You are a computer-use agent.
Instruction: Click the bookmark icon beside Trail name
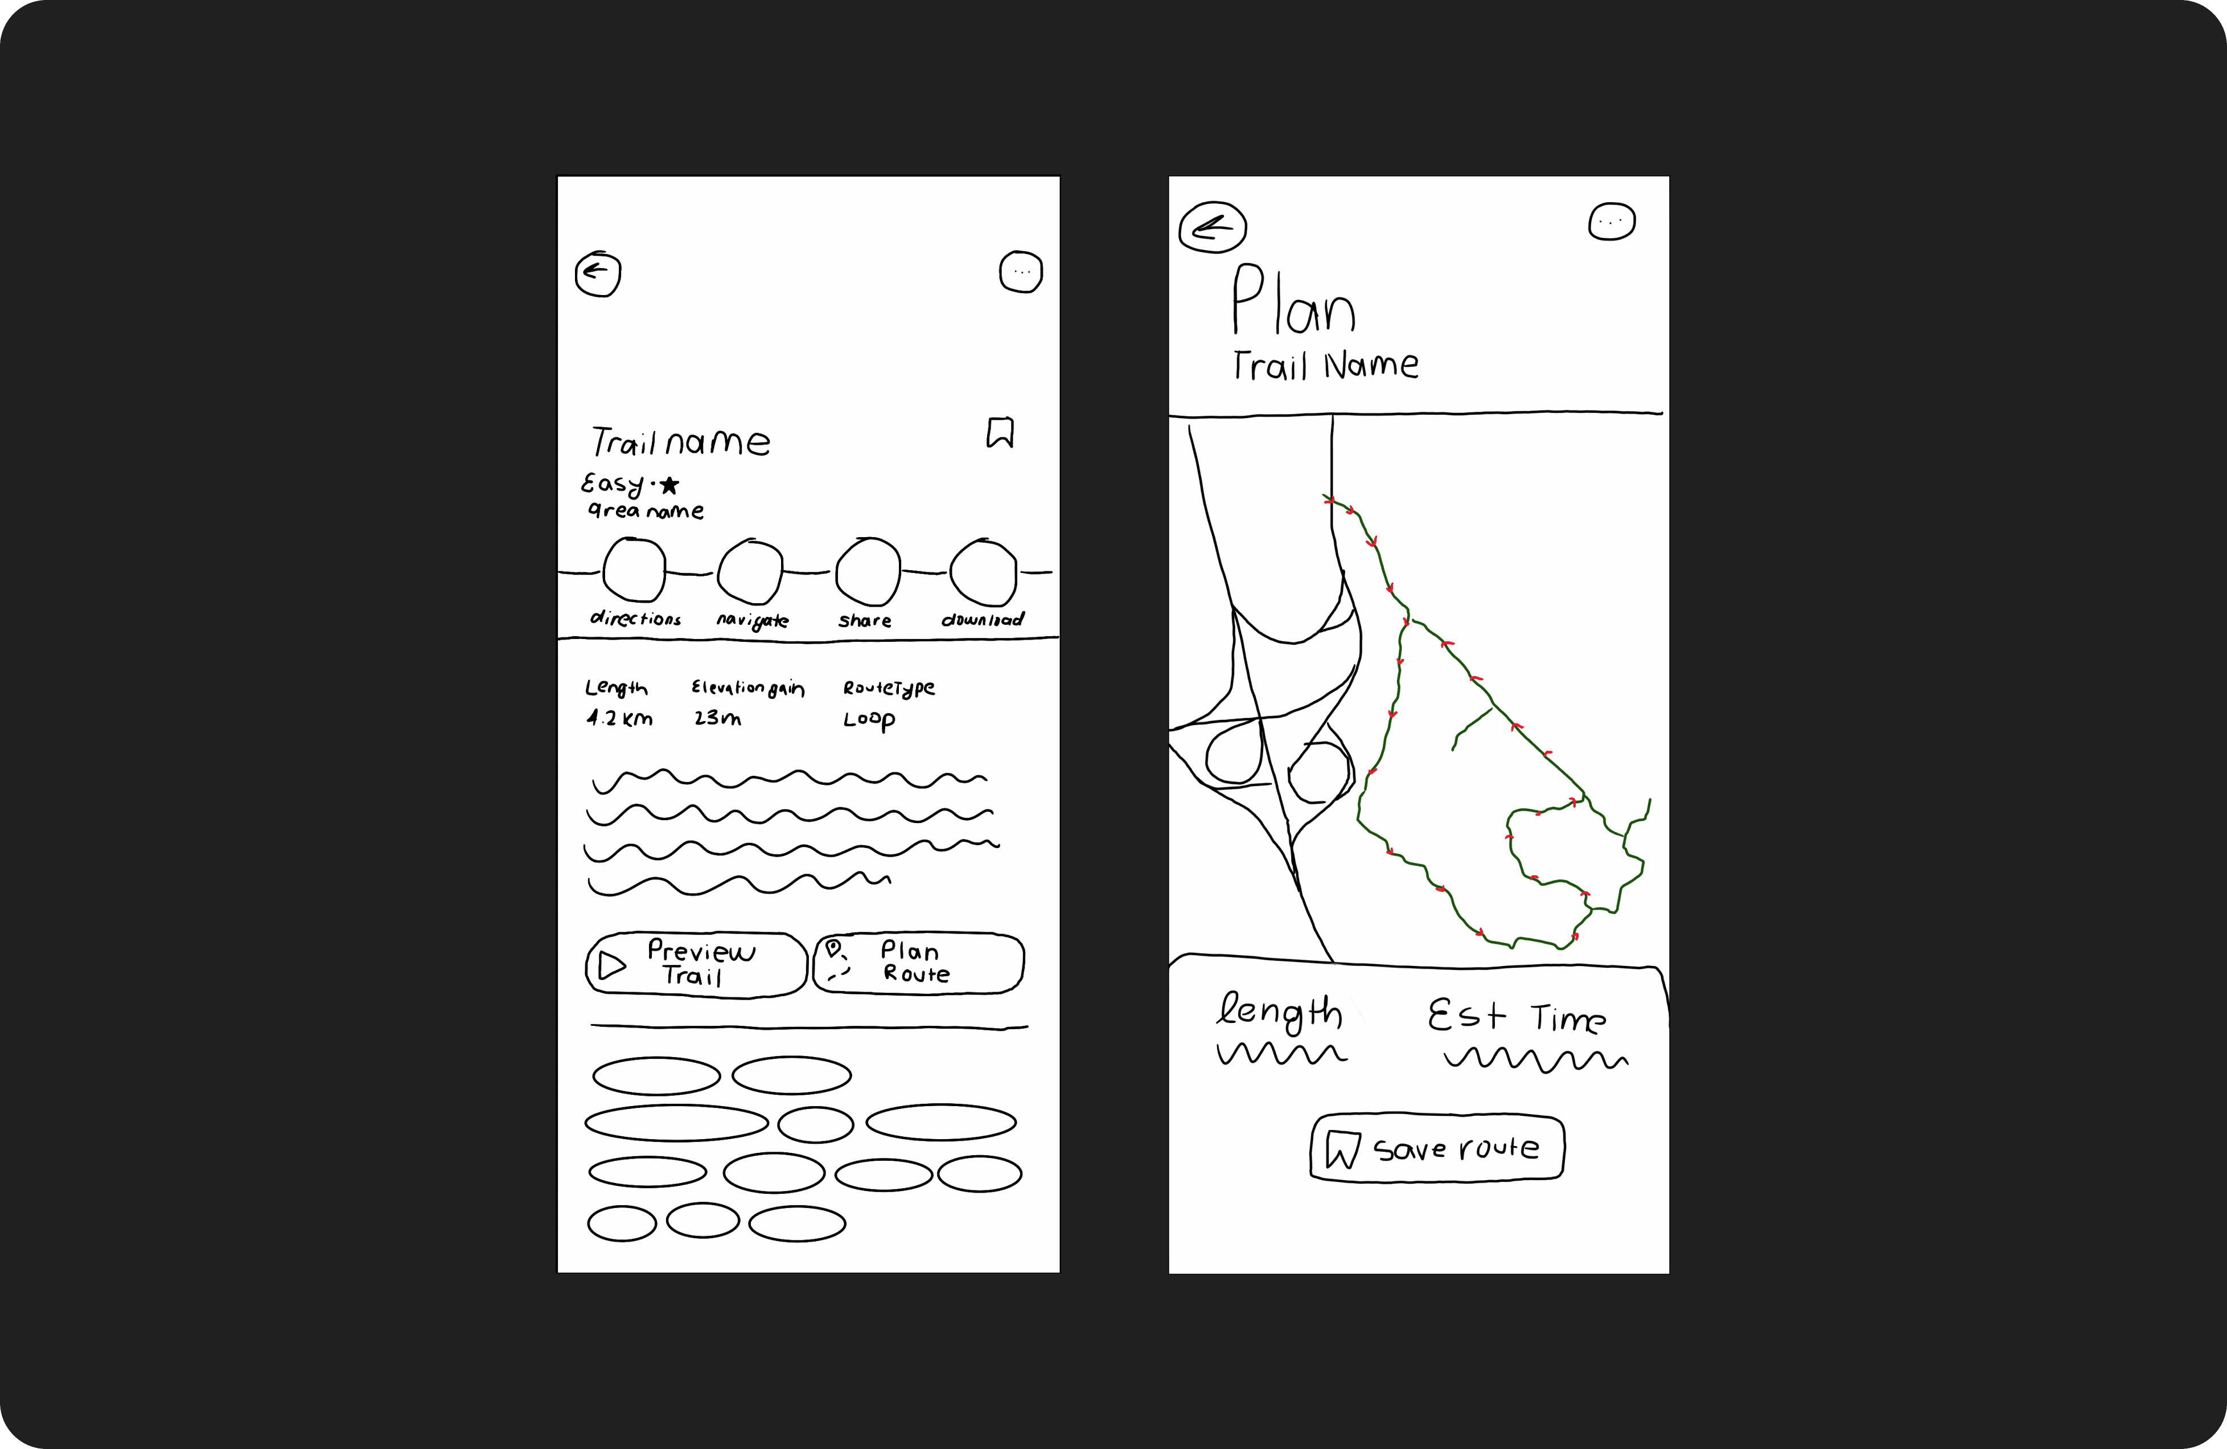coord(1000,432)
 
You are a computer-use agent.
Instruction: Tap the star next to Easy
coord(669,485)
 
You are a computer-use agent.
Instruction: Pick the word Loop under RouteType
coord(869,720)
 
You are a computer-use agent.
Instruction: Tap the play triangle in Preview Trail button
coord(612,965)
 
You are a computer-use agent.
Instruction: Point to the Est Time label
coord(1517,1017)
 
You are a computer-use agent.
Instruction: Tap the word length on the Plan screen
coord(1279,1013)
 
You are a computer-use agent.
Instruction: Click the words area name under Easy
coord(646,510)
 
